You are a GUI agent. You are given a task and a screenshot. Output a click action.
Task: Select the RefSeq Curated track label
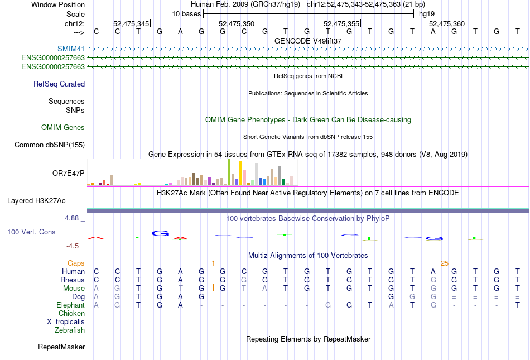coord(59,84)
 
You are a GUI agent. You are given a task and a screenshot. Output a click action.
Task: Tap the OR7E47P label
coord(68,173)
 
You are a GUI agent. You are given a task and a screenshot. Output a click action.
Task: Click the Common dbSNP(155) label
coord(49,145)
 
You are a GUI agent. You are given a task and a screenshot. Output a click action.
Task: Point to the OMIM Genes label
coord(63,128)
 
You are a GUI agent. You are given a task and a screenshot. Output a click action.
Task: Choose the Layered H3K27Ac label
coord(46,200)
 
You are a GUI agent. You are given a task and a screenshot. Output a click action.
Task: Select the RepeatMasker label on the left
coord(61,347)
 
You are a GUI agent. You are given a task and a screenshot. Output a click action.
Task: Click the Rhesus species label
coord(73,280)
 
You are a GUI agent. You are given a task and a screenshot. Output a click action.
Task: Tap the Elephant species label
coord(71,305)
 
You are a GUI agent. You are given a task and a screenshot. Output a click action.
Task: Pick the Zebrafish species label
coord(70,330)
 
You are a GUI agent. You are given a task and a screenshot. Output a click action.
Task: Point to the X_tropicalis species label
coord(66,322)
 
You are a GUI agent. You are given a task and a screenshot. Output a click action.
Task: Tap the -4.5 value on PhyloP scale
coord(75,246)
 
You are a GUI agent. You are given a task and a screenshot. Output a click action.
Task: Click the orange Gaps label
coord(76,263)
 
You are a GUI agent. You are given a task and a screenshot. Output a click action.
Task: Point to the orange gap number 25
coord(445,263)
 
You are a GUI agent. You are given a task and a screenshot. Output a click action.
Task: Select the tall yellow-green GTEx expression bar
coord(229,172)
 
